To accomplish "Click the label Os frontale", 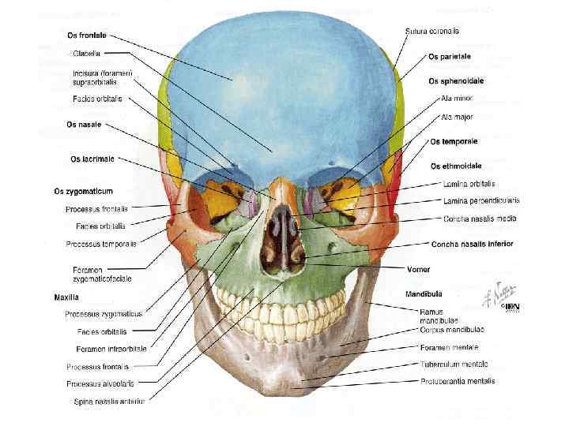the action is pos(88,35).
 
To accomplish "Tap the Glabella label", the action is pos(86,54).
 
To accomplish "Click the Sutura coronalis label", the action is pos(432,32).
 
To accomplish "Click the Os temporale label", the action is pos(454,141).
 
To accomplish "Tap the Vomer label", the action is pos(418,268).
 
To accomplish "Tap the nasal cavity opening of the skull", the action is pos(281,237).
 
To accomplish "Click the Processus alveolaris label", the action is pos(100,384).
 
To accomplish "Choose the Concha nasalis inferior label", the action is pos(472,244).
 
